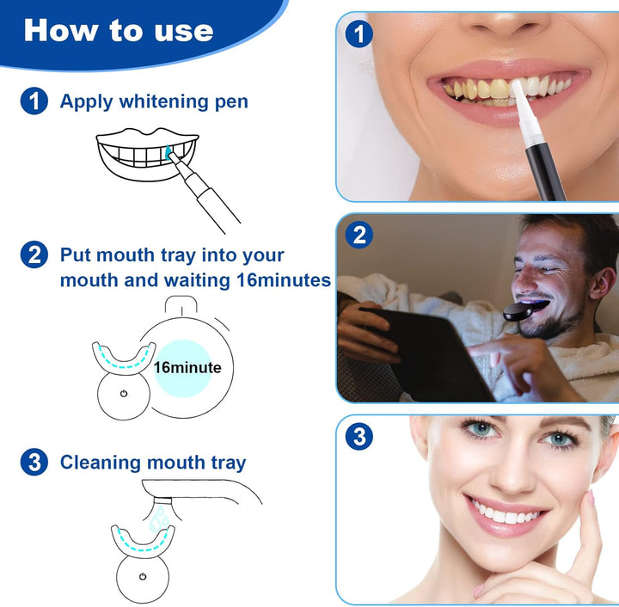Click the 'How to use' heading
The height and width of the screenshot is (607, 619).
(x=118, y=30)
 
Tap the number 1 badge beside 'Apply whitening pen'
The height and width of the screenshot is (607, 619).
(x=34, y=101)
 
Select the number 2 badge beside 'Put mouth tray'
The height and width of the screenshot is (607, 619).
(x=34, y=254)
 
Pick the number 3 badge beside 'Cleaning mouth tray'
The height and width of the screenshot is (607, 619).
(x=34, y=462)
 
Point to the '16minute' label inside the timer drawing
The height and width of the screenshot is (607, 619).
(x=187, y=368)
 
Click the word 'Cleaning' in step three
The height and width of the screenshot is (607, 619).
(x=95, y=463)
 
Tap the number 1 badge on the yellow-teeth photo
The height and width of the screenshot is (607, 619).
(x=359, y=34)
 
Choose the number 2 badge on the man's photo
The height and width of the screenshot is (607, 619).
(x=359, y=236)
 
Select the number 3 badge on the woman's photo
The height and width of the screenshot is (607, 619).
(x=359, y=437)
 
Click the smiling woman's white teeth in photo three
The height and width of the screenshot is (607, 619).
(x=506, y=516)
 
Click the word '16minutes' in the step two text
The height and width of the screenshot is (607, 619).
(x=283, y=280)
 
